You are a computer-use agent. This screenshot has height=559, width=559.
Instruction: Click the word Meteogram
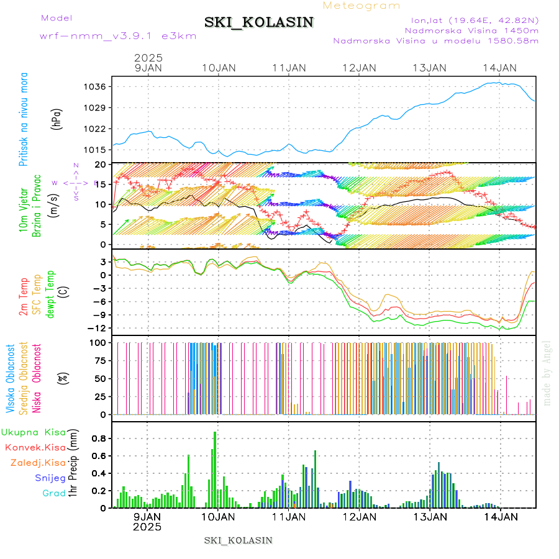point(362,6)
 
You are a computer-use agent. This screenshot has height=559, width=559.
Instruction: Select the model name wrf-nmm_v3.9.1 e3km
point(118,36)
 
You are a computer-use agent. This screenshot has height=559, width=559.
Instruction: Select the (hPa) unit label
point(57,118)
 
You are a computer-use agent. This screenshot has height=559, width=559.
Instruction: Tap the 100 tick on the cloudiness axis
point(99,342)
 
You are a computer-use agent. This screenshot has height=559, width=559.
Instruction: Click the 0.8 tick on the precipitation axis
point(100,438)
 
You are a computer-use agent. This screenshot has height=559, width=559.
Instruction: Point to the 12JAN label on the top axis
point(359,68)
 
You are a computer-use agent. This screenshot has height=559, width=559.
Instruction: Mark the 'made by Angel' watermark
point(547,373)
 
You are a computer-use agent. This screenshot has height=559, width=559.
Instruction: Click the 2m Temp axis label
point(24,297)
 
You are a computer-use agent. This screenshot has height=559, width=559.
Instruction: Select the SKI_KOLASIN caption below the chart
point(238,540)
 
